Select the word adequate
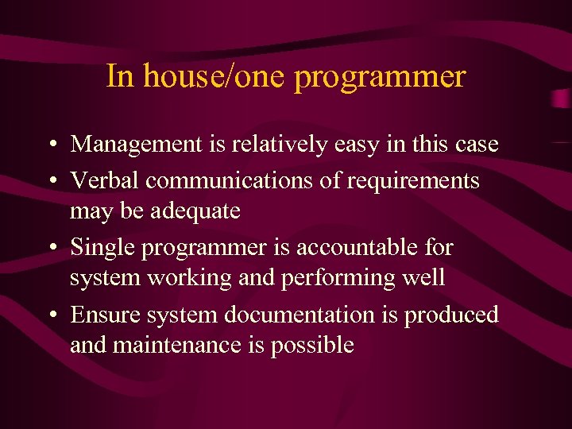(195, 211)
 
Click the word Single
(102, 248)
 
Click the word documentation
(312, 315)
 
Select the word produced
(451, 315)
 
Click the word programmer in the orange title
(380, 78)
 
